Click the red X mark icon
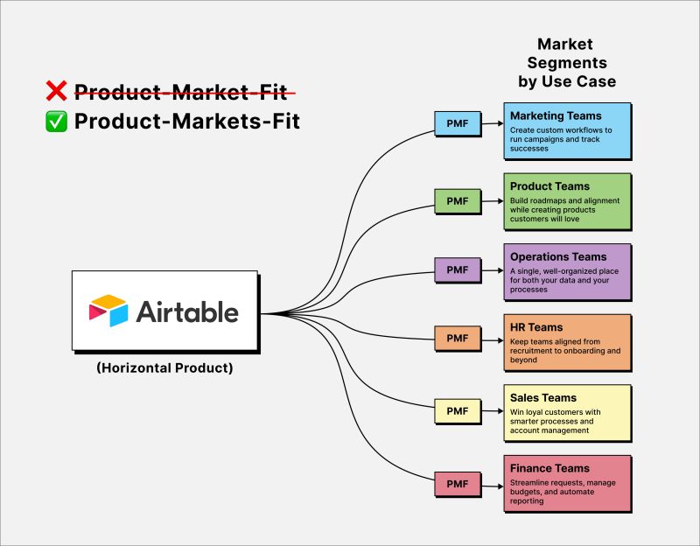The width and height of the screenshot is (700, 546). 57,91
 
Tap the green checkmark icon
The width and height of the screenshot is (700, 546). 57,122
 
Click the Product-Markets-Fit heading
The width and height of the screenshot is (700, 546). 187,122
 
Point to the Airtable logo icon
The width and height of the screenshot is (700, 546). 108,311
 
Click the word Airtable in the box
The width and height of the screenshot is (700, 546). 187,311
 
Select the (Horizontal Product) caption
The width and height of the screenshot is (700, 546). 164,368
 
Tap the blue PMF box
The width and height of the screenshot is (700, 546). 458,123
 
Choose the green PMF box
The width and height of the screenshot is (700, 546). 458,201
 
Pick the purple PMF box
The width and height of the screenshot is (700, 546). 458,269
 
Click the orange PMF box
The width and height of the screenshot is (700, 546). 458,337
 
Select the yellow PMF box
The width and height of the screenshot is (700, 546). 458,410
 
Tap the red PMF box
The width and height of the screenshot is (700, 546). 458,482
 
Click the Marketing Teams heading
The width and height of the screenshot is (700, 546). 556,115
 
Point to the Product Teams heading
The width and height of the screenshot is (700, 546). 549,186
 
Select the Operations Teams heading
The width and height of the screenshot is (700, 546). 558,257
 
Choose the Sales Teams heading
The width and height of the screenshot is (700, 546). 543,398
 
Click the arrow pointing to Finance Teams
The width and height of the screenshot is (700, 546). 492,482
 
